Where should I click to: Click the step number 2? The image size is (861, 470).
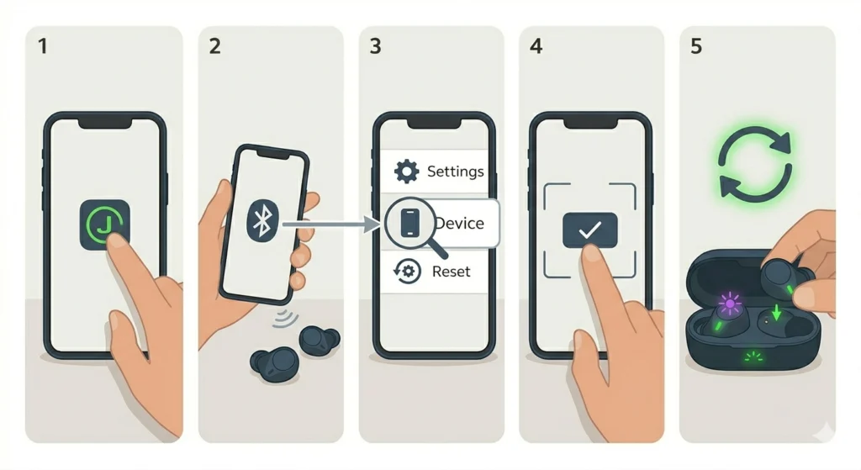pos(214,46)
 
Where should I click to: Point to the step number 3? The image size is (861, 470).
pos(375,46)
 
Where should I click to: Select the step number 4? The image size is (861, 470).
pos(536,46)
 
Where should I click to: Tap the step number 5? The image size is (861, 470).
pos(696,46)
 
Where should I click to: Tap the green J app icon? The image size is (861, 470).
pos(105,224)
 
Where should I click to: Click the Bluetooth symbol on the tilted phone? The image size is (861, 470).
pos(261,220)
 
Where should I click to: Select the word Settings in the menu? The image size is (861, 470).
pos(455,172)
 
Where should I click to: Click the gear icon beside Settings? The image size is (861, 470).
pos(407,172)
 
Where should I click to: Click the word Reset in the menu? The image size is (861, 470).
pos(451,272)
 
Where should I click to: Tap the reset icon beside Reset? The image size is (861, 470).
pos(407,272)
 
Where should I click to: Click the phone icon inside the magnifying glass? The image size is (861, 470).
pos(409,223)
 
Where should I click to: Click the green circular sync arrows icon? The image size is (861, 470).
pos(754,164)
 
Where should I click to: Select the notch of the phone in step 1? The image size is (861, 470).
pos(105,123)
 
